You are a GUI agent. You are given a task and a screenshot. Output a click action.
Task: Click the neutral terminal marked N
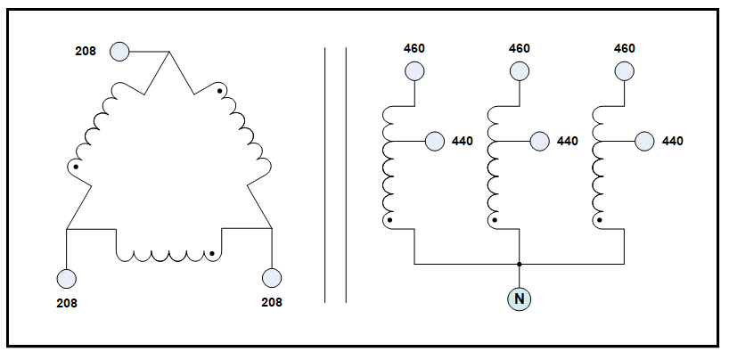520,299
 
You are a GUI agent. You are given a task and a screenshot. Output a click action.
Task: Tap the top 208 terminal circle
120,52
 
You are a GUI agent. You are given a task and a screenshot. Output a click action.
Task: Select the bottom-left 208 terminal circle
67,278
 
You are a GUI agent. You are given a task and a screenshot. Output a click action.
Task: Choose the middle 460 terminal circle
520,70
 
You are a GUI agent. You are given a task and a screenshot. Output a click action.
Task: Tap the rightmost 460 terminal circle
624,70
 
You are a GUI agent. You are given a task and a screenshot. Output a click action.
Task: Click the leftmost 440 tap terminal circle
436,141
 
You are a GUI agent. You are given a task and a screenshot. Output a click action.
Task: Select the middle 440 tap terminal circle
540,141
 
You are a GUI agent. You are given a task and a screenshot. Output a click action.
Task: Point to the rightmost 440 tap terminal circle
644,141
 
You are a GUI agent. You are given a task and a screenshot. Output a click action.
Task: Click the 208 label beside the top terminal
86,52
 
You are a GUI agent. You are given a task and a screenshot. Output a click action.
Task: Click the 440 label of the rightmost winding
672,141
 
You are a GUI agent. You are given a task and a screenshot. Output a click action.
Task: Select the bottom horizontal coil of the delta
169,255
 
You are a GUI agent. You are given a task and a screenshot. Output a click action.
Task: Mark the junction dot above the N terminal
520,264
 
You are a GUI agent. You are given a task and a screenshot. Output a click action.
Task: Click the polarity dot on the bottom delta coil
212,253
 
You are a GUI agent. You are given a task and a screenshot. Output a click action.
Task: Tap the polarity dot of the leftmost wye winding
388,219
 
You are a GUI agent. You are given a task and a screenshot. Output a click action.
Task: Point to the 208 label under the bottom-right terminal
271,302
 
